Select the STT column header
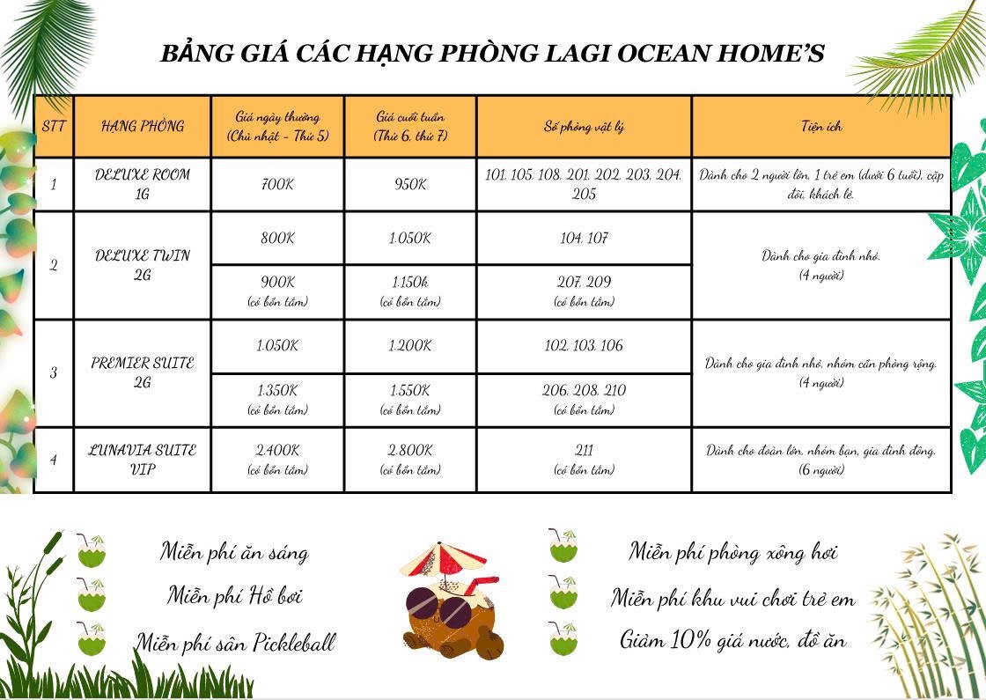[x=54, y=126]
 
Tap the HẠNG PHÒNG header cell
[x=143, y=126]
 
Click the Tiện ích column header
[x=820, y=126]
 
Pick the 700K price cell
[x=278, y=185]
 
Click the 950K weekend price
[x=409, y=185]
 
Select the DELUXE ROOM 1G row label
[x=143, y=184]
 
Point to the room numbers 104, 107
[x=584, y=239]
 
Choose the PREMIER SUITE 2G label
[x=143, y=372]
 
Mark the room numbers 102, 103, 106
[x=584, y=346]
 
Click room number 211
[x=584, y=450]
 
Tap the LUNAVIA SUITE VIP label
[x=143, y=459]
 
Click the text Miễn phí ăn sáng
[x=234, y=553]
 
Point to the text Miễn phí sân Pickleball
[x=235, y=643]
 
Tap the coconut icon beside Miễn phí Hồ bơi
[x=91, y=596]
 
